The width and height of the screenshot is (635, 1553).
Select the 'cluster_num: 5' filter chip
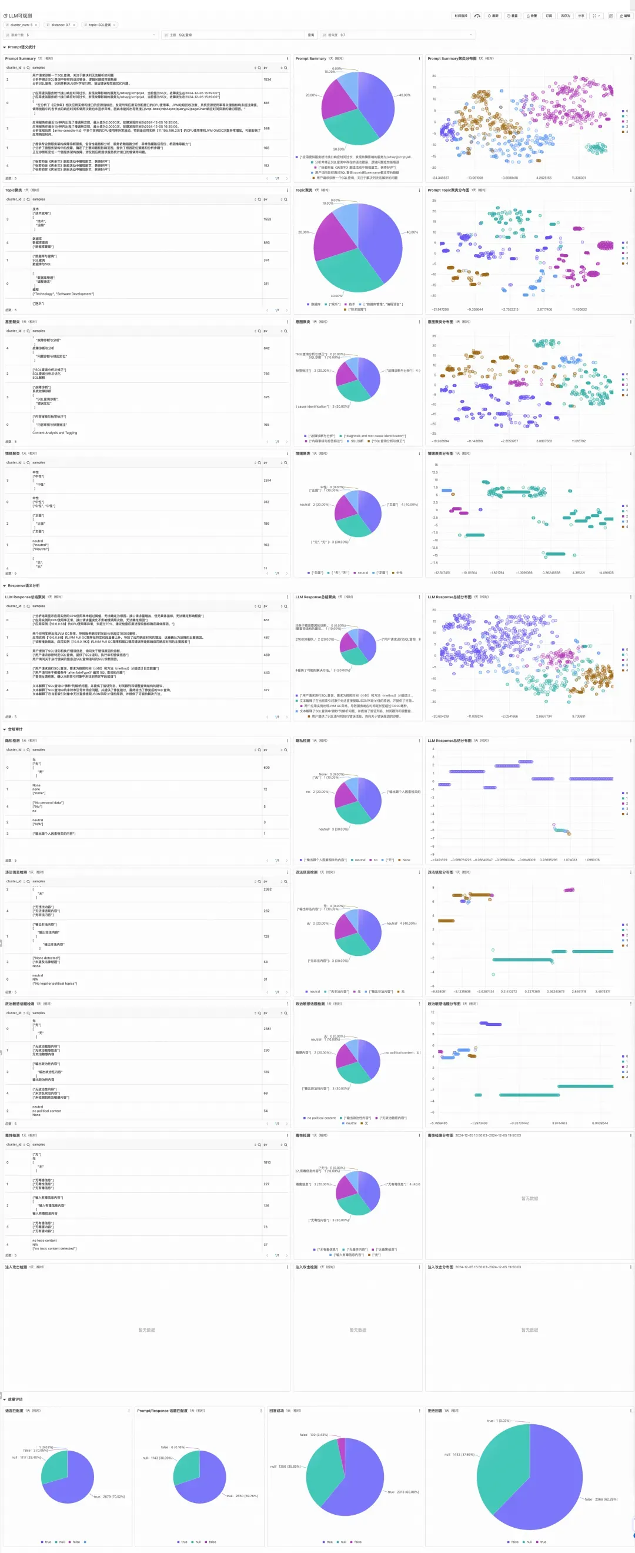coord(21,25)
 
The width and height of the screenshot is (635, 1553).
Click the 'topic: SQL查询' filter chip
coord(99,25)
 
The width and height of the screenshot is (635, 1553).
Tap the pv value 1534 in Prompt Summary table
coord(267,79)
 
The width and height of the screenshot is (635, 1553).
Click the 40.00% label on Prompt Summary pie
coord(405,95)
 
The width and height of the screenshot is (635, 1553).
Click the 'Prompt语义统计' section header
coord(21,47)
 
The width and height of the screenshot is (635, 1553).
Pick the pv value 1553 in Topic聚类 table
coord(267,219)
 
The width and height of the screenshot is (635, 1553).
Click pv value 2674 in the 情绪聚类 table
coord(267,481)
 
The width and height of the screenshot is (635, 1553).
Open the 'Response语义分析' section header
coord(24,585)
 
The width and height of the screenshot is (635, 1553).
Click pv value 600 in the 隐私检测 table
coord(266,768)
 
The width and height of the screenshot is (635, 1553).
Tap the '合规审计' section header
coord(15,729)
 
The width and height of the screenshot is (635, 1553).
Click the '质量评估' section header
coord(15,1399)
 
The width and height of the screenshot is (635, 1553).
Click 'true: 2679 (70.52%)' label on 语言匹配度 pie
coord(109,1497)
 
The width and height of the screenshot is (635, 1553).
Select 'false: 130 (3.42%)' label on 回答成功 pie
coord(314,1435)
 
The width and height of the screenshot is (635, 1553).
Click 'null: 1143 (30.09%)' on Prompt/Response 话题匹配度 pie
coord(157,1458)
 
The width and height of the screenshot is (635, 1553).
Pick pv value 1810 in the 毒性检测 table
coord(267,1162)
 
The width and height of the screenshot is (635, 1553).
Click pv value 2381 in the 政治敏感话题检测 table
coord(267,1028)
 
